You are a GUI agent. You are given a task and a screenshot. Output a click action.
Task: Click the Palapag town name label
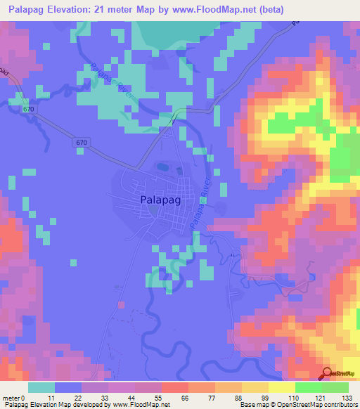click(x=157, y=201)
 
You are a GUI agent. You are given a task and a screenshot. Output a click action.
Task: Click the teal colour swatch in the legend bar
click(x=41, y=388)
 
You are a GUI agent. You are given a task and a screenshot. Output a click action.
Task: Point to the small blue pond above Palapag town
click(x=162, y=168)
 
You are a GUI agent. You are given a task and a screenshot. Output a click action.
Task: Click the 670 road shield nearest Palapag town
click(x=82, y=143)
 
